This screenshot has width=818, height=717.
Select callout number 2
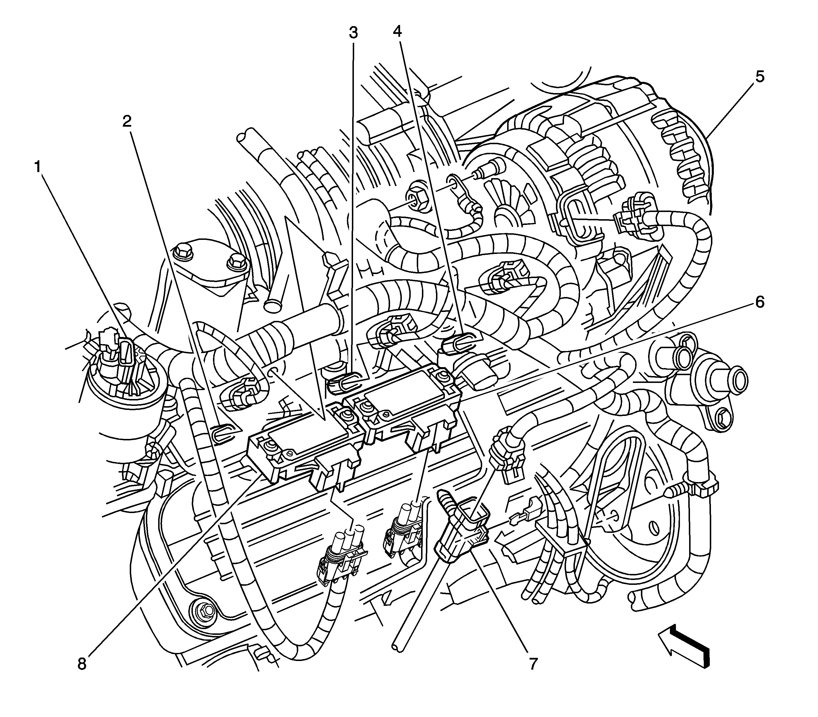[x=127, y=121]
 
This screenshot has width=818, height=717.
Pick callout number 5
[x=760, y=76]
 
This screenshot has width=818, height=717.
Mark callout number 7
[x=533, y=664]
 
